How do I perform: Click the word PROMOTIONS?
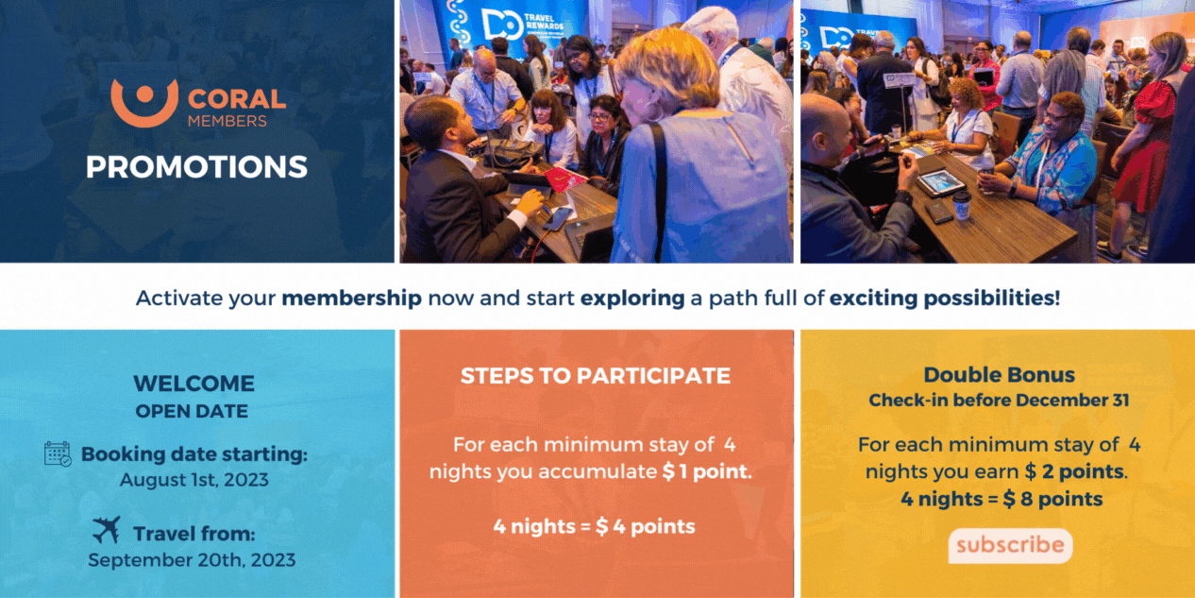[197, 166]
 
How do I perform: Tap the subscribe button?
[1010, 546]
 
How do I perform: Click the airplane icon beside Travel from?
[107, 530]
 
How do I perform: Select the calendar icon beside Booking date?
[58, 453]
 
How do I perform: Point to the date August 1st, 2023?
[194, 480]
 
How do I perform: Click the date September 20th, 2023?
[192, 559]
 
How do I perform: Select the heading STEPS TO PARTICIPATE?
[596, 376]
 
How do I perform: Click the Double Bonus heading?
[1000, 375]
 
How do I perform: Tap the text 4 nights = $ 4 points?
[595, 526]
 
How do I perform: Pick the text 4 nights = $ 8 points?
[1001, 499]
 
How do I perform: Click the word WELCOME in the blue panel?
[194, 384]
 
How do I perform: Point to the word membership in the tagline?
[351, 298]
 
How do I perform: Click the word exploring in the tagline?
[632, 298]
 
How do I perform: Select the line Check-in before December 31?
[1000, 401]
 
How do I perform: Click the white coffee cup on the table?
[962, 206]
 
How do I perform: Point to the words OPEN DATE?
[192, 411]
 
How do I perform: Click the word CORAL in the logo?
[237, 99]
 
